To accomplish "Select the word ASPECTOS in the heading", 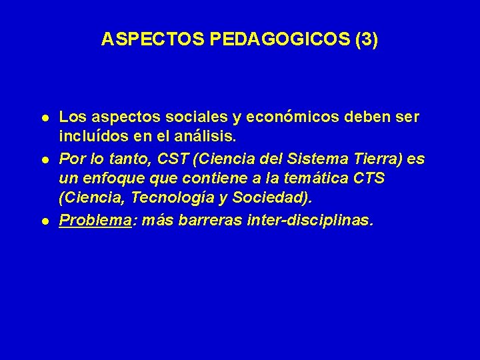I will click(153, 40).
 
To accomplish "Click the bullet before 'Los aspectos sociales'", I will click(43, 117).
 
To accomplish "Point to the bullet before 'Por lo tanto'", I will click(43, 160).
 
